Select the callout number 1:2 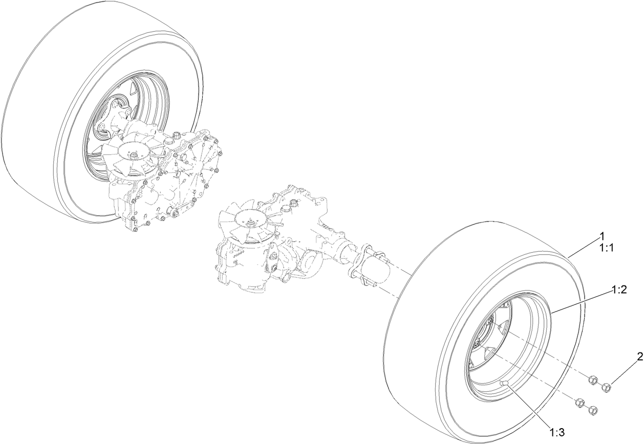tap(619, 290)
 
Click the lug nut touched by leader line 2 tap(607, 388)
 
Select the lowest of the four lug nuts tap(593, 410)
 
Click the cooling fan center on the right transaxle tap(251, 223)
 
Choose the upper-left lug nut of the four tap(590, 380)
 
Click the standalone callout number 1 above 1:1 tap(603, 236)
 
